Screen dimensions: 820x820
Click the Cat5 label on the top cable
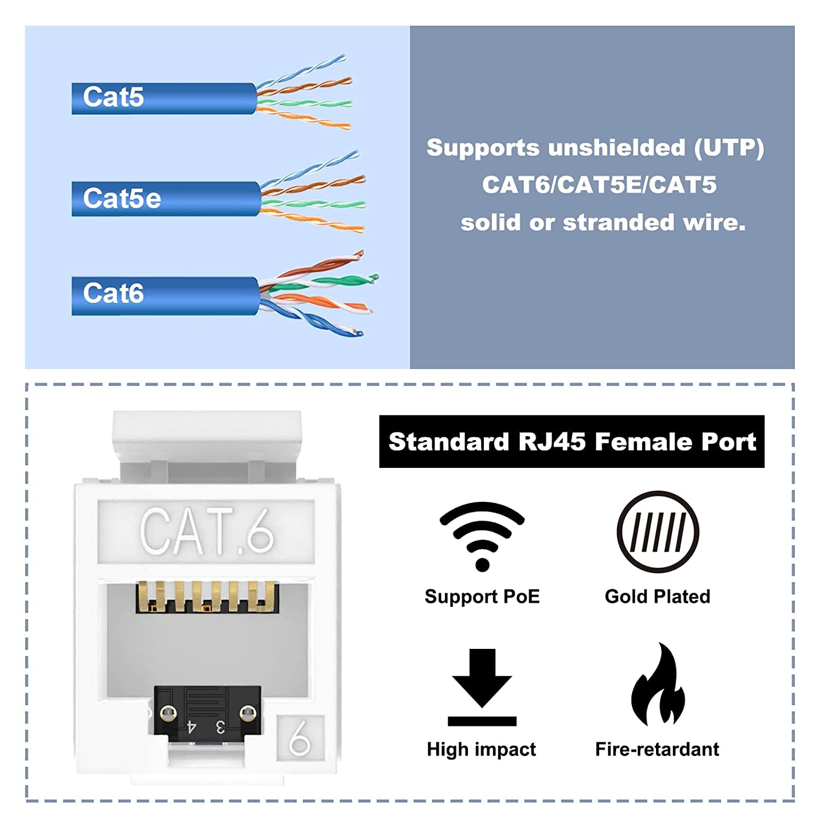click(113, 97)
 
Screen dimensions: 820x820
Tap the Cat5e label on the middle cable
click(122, 198)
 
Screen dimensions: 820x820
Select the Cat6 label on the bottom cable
click(113, 294)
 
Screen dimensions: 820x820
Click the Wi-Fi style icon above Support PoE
click(482, 536)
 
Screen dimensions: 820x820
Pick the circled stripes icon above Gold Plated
click(658, 532)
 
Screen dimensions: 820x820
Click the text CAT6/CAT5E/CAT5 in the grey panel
click(599, 185)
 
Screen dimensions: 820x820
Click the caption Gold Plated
click(657, 596)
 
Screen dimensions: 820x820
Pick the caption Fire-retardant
click(657, 749)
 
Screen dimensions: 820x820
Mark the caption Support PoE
click(482, 596)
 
